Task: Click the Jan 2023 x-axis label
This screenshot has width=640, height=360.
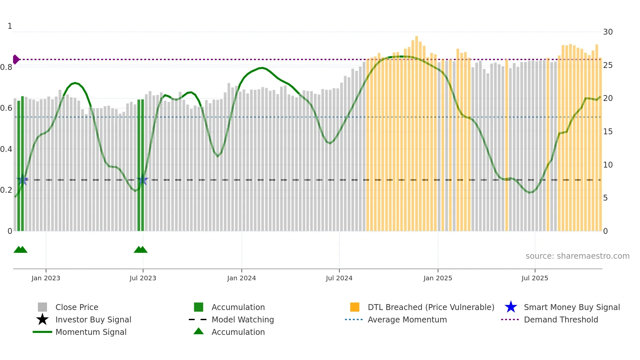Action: [x=46, y=278]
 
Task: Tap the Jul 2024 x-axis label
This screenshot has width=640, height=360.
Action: [x=339, y=278]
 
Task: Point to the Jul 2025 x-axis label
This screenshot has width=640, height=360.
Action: [x=535, y=278]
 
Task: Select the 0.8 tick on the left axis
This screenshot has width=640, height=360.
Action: [x=6, y=67]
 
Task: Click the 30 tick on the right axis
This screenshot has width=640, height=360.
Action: [x=608, y=32]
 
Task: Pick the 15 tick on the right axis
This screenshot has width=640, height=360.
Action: [x=608, y=132]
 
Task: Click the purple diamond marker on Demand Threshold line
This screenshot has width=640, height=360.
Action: [x=16, y=59]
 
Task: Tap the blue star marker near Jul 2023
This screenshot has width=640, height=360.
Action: [x=142, y=180]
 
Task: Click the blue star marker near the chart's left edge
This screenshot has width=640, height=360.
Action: [x=22, y=180]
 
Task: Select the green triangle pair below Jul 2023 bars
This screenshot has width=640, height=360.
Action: [x=141, y=250]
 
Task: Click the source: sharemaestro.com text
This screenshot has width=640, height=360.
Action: [x=577, y=256]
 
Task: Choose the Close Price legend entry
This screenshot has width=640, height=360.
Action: [x=77, y=307]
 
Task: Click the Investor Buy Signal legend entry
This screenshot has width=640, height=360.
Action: [x=93, y=319]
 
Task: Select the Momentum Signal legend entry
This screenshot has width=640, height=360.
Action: [x=91, y=332]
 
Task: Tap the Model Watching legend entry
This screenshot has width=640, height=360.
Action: [x=243, y=319]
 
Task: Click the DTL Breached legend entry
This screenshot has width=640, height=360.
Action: [x=431, y=307]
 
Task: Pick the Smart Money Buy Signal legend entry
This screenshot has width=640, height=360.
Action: [x=571, y=307]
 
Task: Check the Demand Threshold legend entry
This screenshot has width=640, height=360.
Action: [x=561, y=319]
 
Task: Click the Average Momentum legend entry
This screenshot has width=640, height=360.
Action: [x=407, y=319]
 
